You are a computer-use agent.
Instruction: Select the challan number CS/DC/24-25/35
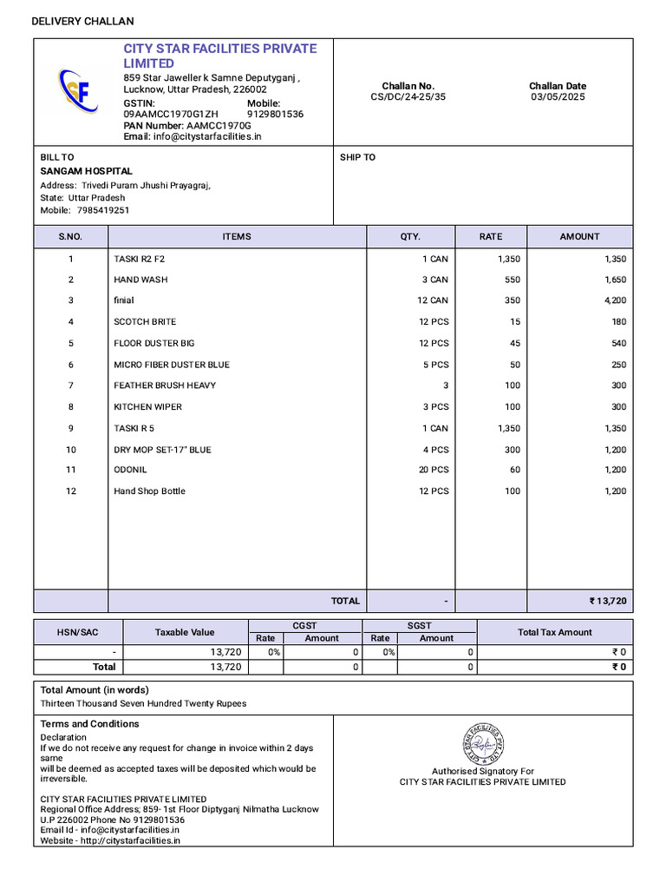click(408, 97)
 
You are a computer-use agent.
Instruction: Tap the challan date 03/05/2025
click(558, 97)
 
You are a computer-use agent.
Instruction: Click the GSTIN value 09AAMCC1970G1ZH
click(171, 114)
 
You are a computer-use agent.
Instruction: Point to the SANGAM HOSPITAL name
click(87, 171)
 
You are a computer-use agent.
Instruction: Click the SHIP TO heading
click(357, 157)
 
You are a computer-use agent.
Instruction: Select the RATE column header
click(491, 236)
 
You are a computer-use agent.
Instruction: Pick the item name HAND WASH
click(140, 280)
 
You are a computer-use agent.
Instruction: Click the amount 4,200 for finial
click(615, 300)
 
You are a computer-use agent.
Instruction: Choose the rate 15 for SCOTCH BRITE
click(514, 322)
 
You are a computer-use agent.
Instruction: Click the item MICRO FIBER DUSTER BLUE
click(172, 365)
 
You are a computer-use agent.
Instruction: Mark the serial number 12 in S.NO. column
click(71, 491)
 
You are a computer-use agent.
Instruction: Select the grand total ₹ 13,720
click(607, 601)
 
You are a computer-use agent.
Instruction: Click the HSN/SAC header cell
click(78, 632)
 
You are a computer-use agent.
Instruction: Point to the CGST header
click(304, 626)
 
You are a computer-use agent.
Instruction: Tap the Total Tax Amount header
click(554, 632)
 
